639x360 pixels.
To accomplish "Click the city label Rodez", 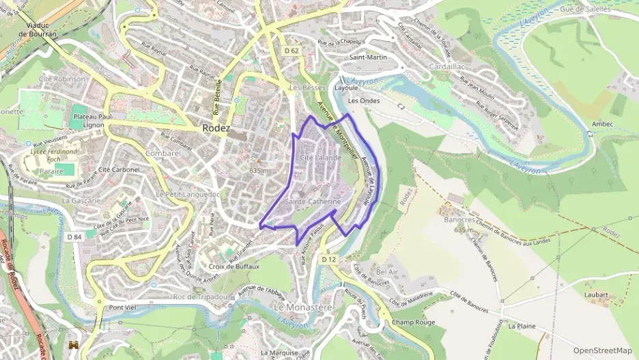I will click(216, 128).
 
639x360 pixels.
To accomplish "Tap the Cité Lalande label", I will click(320, 158).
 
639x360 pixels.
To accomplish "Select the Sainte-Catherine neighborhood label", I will click(313, 202).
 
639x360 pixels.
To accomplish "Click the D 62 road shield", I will click(291, 50).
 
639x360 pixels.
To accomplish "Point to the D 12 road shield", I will click(328, 259).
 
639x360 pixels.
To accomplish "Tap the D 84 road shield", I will click(74, 237).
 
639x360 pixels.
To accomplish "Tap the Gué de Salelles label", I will click(584, 10).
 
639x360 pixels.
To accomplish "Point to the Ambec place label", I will click(603, 124).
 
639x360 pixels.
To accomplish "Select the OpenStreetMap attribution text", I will click(603, 350).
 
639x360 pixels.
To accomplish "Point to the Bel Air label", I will click(386, 271).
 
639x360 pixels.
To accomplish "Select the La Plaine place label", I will click(522, 326).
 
